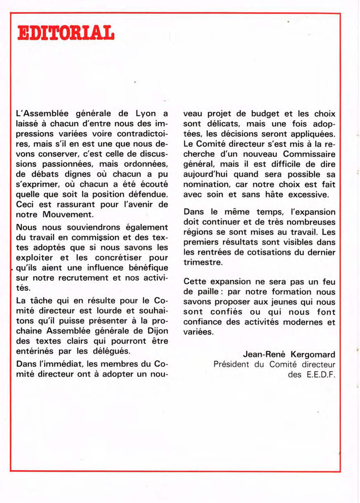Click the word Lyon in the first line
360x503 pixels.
tap(147, 112)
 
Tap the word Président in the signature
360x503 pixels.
tap(234, 364)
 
